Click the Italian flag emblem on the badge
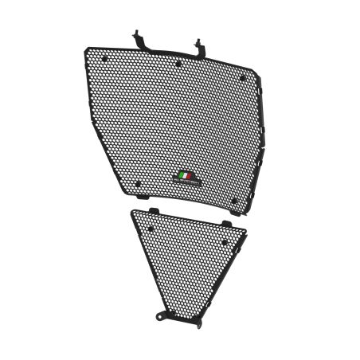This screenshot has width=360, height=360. click(x=186, y=174)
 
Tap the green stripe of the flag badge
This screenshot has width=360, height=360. click(x=182, y=174)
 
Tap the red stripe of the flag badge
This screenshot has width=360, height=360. click(x=190, y=174)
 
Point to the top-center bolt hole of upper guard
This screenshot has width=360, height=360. click(x=178, y=61)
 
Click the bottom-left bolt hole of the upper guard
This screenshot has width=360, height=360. click(x=137, y=184)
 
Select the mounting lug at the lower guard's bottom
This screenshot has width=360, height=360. click(x=162, y=316)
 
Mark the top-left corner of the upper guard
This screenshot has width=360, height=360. click(x=86, y=49)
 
